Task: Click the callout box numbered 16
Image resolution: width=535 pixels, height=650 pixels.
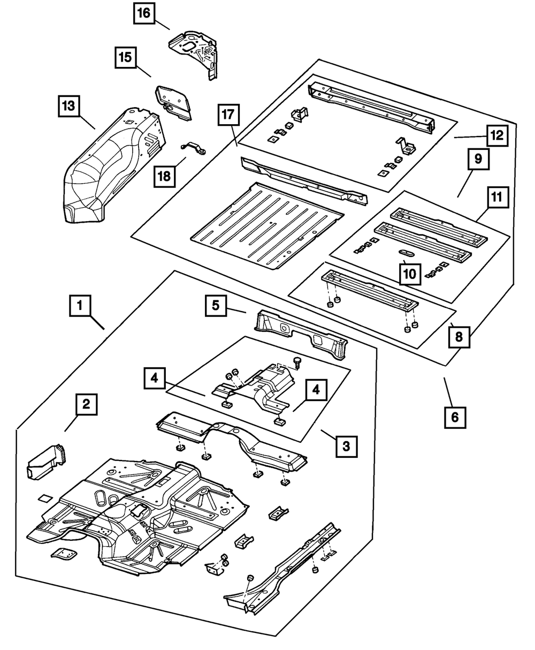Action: tap(144, 13)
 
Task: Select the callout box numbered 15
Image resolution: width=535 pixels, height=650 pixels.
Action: tap(125, 57)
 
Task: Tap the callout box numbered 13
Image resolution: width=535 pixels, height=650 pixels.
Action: tap(68, 106)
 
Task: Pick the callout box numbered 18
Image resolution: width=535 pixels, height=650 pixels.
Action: tap(164, 177)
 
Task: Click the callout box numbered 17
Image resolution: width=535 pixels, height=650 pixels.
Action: tap(228, 115)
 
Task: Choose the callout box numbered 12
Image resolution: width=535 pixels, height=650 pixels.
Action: tap(498, 135)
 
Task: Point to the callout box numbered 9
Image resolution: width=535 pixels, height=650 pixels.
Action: tap(478, 159)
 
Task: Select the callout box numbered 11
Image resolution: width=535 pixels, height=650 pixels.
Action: tap(498, 197)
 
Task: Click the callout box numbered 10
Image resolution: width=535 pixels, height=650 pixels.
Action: tap(410, 274)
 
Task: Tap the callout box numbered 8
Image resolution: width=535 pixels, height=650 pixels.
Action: tap(459, 337)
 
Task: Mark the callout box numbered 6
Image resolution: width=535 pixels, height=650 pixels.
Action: tap(455, 418)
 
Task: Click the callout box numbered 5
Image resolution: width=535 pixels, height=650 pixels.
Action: tap(216, 306)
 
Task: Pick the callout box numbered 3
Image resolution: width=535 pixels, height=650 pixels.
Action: tap(347, 447)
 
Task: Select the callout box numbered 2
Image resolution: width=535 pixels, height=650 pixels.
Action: tap(87, 404)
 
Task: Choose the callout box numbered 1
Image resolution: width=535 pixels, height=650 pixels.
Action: tap(80, 306)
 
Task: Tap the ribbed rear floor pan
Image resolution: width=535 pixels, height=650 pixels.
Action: tap(267, 226)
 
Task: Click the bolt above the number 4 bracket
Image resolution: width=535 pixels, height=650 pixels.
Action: tap(296, 363)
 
